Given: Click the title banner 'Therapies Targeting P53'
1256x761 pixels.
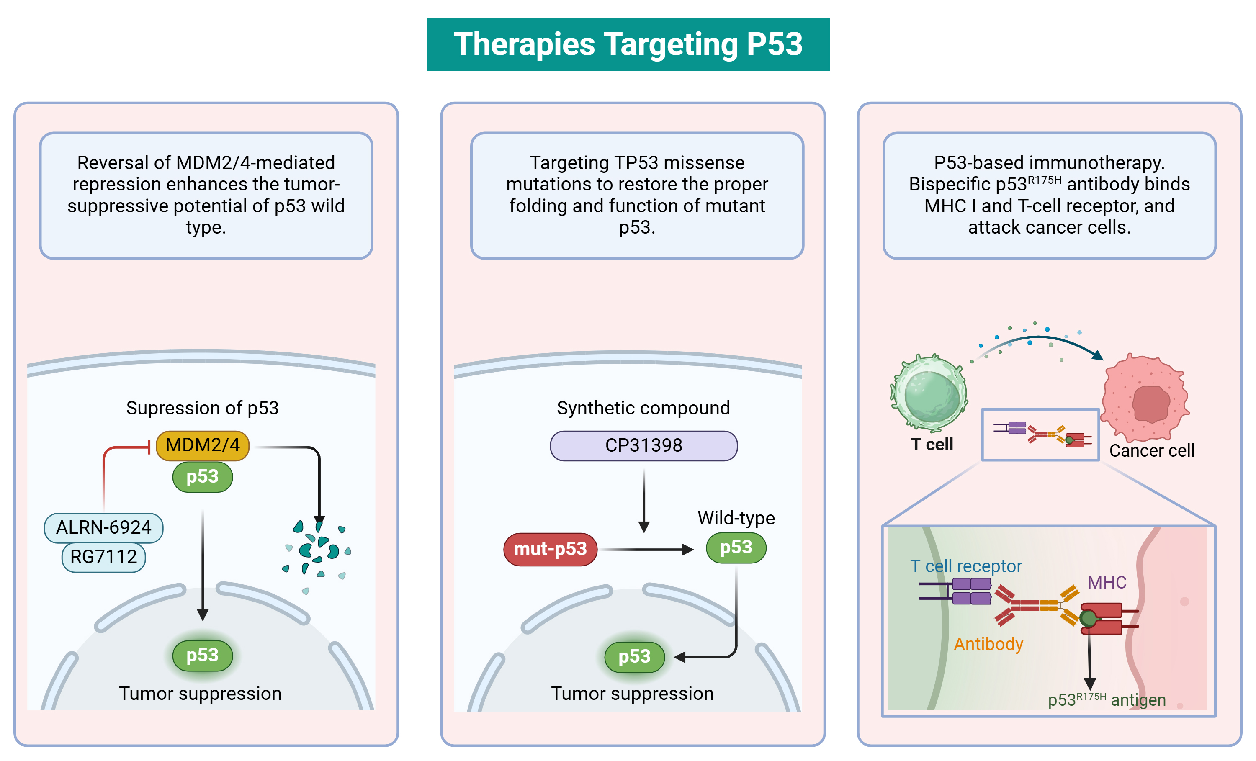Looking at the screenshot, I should click(628, 44).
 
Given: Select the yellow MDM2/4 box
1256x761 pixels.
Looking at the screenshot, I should click(202, 445).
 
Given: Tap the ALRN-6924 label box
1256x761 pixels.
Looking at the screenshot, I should click(103, 527).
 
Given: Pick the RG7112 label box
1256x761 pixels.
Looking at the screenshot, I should click(103, 557).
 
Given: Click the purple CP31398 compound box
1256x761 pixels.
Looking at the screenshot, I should click(643, 445).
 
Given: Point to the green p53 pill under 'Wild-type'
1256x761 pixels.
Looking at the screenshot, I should click(736, 548).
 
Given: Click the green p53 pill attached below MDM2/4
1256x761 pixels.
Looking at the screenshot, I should click(202, 477).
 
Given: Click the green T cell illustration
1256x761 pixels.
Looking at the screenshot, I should click(930, 393).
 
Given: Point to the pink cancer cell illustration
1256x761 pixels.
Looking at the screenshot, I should click(1145, 398).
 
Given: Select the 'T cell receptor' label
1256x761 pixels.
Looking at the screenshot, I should click(966, 566).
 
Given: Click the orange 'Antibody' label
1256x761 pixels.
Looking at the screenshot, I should click(988, 644).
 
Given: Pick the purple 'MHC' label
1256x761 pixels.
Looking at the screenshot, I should click(1107, 583).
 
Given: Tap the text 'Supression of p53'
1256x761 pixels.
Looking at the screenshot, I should click(202, 408).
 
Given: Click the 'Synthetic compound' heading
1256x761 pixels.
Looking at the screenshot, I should click(643, 408).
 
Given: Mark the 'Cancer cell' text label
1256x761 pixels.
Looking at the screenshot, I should click(1151, 450).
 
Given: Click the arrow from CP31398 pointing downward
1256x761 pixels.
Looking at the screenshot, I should click(644, 499).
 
